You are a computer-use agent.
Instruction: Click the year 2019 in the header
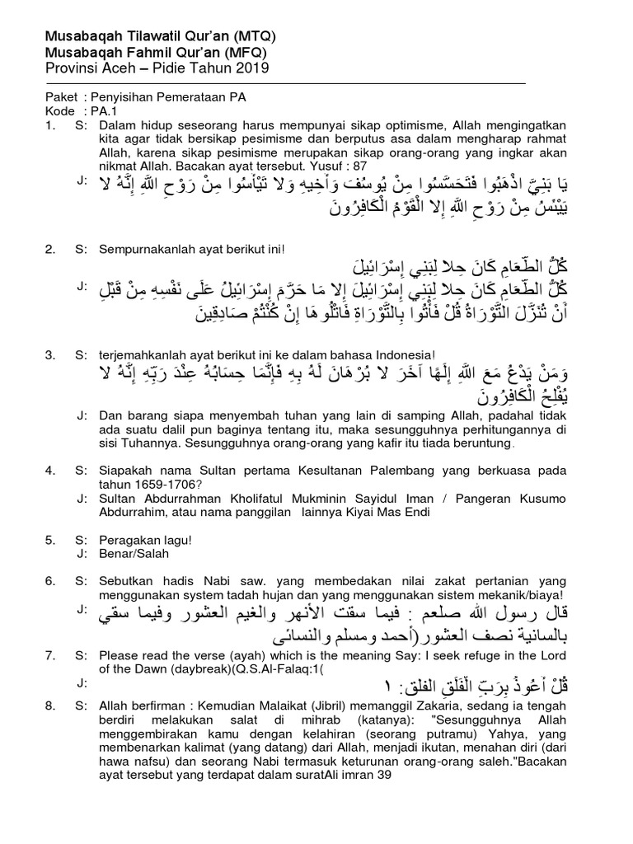253,67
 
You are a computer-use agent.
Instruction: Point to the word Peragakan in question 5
126,539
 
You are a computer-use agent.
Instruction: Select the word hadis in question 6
164,581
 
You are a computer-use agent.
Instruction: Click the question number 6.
49,581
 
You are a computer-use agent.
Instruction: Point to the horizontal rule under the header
285,83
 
